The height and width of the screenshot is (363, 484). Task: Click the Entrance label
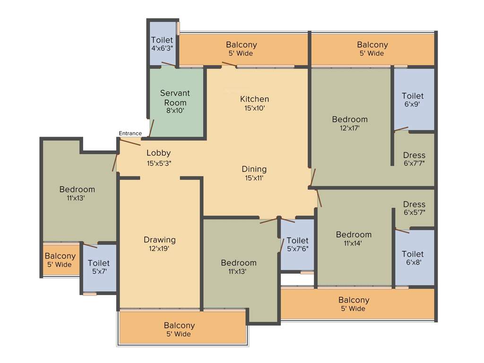click(130, 133)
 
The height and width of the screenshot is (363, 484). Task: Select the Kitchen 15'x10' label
click(254, 103)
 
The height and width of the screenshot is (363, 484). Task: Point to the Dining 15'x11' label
click(254, 173)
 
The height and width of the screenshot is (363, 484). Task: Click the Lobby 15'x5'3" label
click(158, 158)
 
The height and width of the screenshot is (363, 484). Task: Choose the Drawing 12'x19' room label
click(160, 244)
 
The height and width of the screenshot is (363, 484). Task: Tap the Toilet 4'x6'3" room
click(162, 44)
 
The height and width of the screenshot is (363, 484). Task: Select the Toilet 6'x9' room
click(413, 100)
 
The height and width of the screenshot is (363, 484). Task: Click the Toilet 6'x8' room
click(413, 258)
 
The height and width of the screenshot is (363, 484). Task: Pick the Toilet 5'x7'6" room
click(297, 244)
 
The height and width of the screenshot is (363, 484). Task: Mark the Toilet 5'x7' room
click(99, 267)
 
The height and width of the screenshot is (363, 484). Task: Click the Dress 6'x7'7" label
click(414, 159)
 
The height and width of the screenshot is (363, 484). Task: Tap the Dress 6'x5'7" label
click(414, 208)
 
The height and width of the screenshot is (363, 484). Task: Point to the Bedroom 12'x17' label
click(349, 123)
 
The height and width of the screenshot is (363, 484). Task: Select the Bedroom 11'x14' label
click(354, 239)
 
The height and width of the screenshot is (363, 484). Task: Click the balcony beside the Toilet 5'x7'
click(60, 260)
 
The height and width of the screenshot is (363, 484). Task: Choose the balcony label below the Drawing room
click(179, 329)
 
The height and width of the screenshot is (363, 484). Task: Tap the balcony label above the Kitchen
click(241, 49)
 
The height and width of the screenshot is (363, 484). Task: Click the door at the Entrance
click(130, 142)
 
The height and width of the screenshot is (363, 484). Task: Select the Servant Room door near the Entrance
click(152, 128)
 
